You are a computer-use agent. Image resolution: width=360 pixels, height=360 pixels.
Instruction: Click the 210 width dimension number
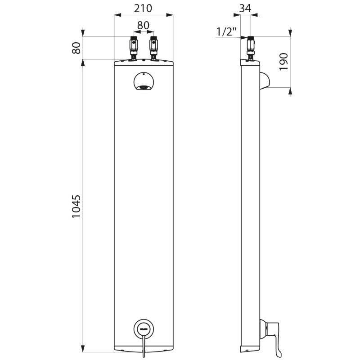[x=143, y=8]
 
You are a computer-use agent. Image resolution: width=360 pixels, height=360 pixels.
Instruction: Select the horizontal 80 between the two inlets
[x=143, y=26]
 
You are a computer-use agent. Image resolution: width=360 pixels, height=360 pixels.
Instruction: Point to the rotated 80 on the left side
[x=76, y=48]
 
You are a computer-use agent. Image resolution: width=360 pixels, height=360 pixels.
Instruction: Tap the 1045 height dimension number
[x=76, y=207]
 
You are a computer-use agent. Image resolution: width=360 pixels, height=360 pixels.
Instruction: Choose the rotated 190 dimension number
[x=283, y=62]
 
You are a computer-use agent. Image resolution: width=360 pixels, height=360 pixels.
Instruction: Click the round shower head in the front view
[x=144, y=82]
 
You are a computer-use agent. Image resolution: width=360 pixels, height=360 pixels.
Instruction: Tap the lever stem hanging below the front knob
[x=144, y=347]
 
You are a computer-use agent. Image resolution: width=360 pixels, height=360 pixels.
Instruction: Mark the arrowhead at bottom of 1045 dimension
[x=83, y=349]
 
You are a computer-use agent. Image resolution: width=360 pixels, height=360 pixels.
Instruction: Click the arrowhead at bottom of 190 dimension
[x=290, y=90]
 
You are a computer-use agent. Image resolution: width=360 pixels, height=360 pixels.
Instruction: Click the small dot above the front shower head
[x=143, y=74]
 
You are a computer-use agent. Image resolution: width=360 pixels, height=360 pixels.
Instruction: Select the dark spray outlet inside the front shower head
[x=144, y=87]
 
